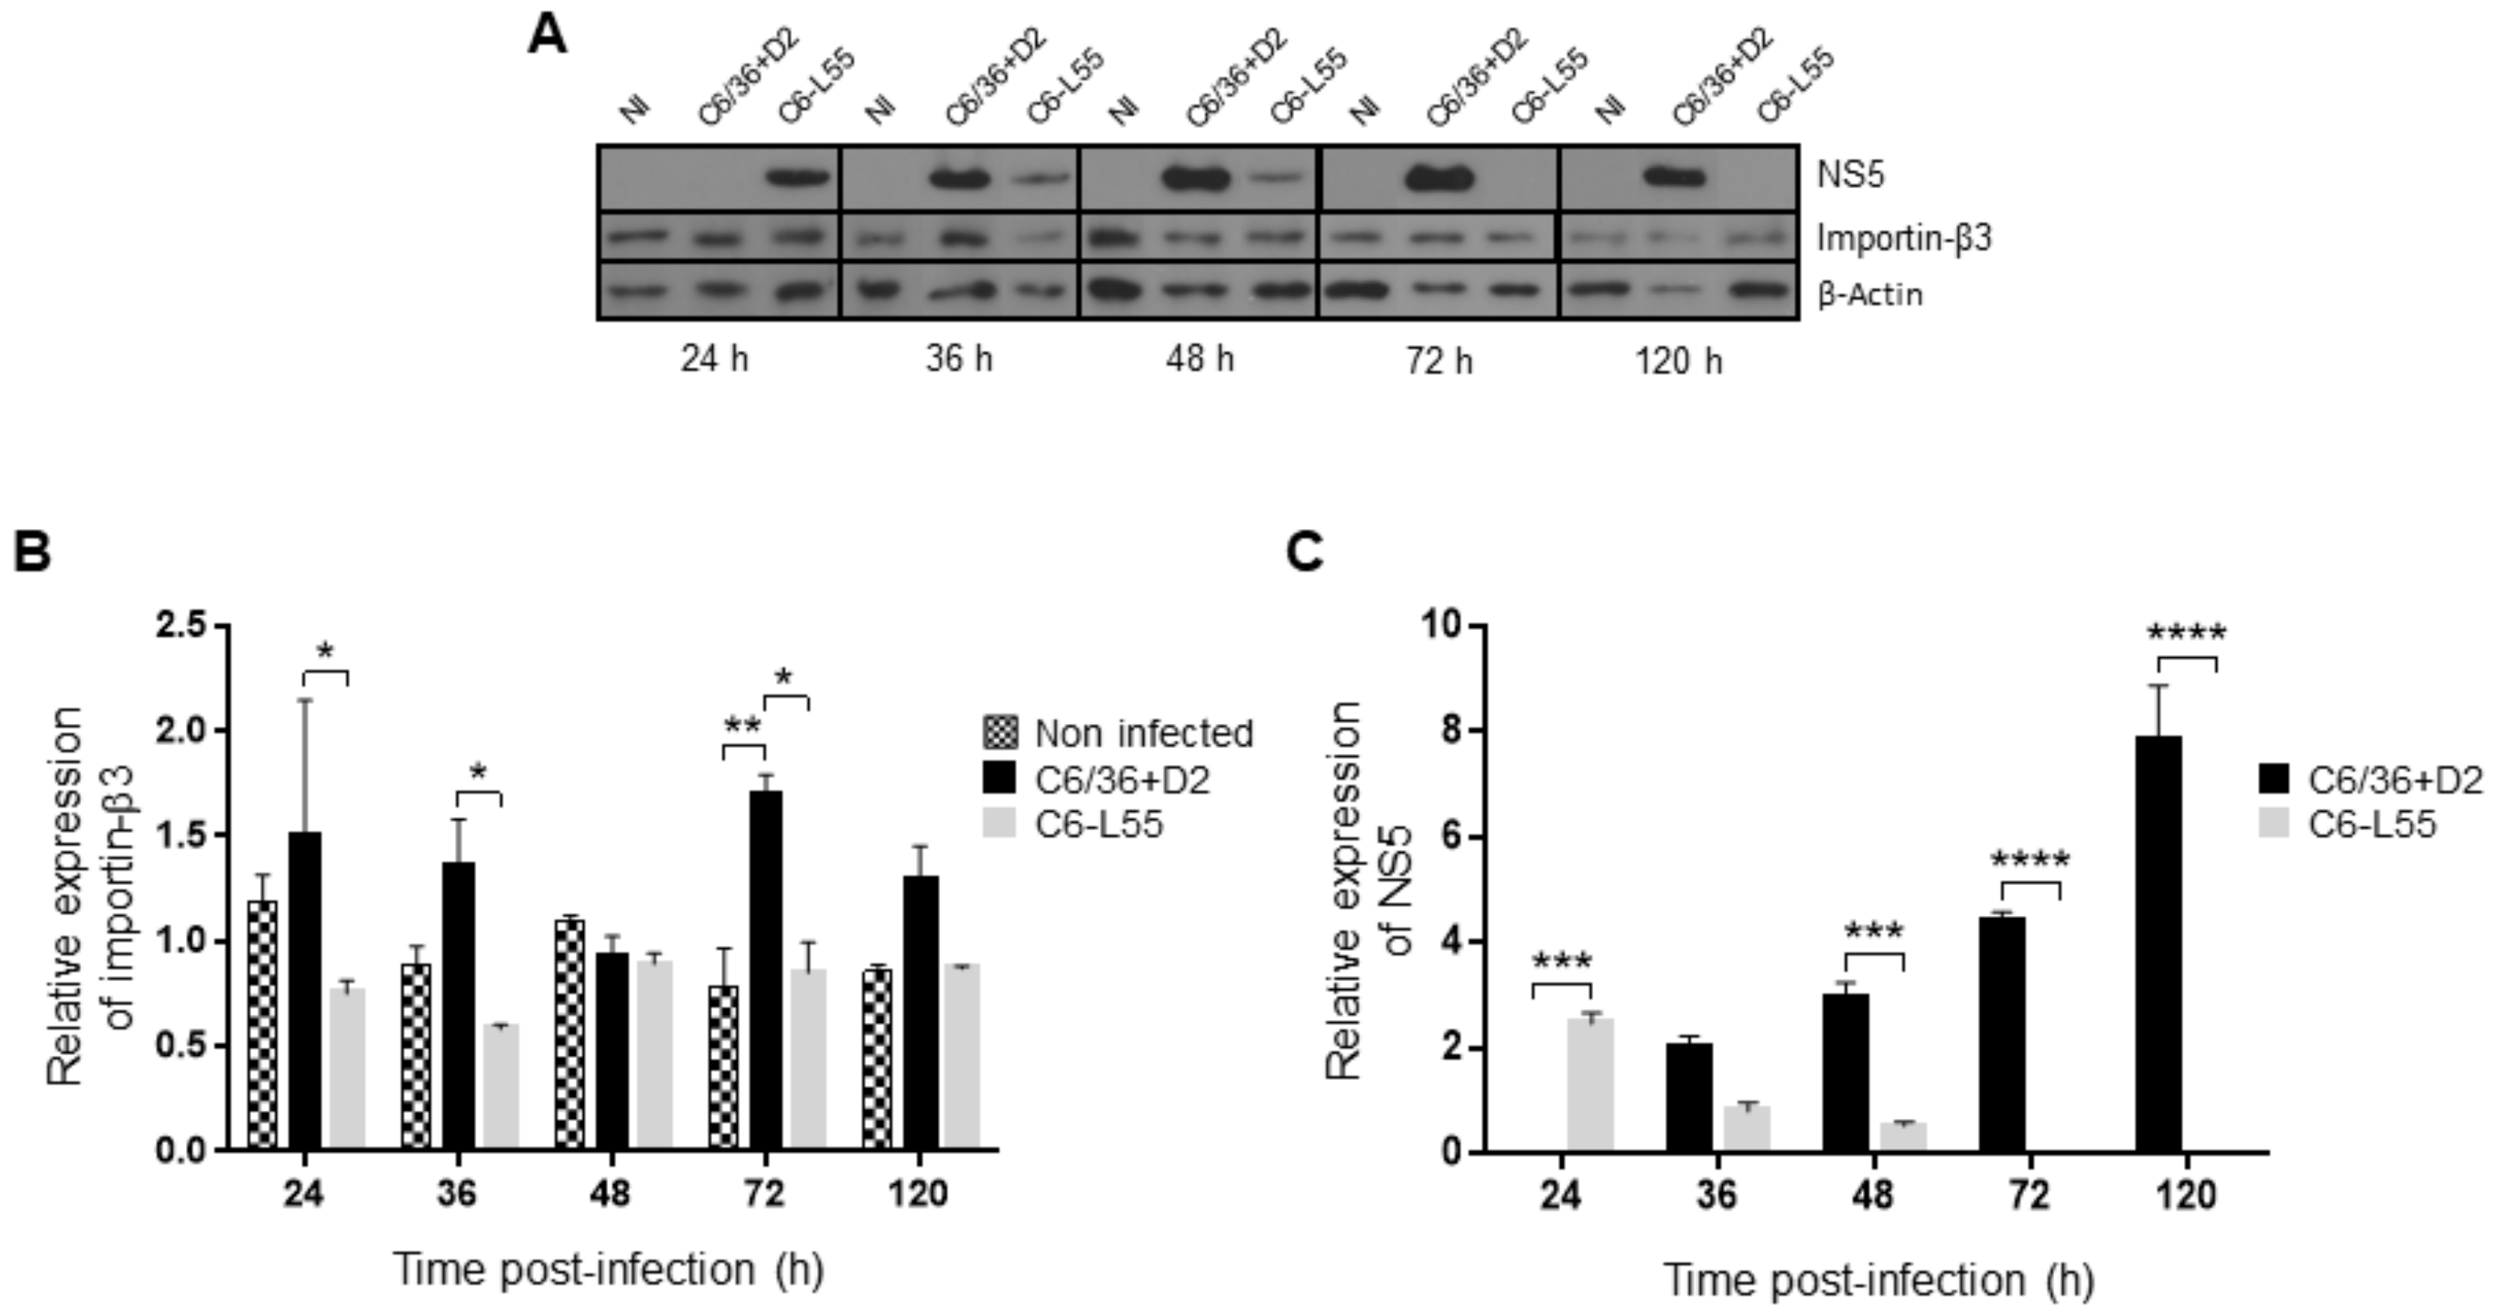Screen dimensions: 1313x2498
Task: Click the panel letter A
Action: coord(547,37)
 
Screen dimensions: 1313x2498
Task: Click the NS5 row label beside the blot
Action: coord(1850,176)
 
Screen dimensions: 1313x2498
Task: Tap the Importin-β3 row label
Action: coord(1903,238)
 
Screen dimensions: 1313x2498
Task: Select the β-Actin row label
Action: coord(1869,294)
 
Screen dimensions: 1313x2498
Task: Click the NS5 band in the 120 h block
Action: coord(1674,178)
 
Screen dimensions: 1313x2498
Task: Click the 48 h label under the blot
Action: coord(1200,359)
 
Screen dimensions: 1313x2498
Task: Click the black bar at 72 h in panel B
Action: coord(766,970)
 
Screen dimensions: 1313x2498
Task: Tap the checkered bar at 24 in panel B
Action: coord(262,1025)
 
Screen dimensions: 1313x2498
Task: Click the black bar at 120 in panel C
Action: coord(2158,944)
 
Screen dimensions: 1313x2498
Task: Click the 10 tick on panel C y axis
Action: coord(1440,626)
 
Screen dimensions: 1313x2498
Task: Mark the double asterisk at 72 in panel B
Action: coord(743,725)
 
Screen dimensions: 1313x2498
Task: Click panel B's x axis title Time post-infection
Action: coord(608,1270)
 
